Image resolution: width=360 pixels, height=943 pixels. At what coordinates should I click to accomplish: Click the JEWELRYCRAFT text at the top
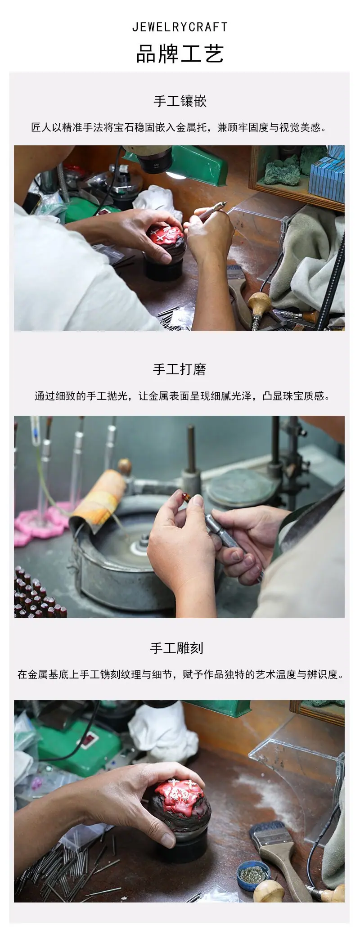[x=180, y=27]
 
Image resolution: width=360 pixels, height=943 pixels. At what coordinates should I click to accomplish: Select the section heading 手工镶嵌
[x=180, y=101]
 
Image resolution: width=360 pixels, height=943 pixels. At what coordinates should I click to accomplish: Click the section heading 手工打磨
[x=180, y=369]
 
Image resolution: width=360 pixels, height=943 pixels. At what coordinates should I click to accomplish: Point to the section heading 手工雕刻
[x=177, y=648]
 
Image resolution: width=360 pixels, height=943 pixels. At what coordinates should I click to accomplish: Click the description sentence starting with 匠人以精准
[x=180, y=128]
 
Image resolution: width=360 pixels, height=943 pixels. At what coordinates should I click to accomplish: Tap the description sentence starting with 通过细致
[x=182, y=396]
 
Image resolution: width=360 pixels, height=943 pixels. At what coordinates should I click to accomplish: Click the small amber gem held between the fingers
[x=185, y=497]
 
